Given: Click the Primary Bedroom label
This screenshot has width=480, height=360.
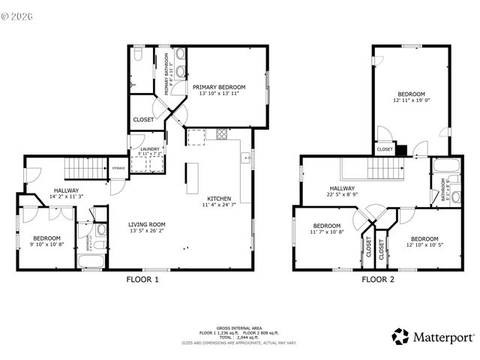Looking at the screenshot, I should (x=219, y=87).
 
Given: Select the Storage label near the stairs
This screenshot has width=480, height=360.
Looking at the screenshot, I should (x=118, y=168).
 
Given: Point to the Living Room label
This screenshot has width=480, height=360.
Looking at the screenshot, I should (x=146, y=224).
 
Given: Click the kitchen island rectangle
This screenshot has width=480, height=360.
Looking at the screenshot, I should (x=192, y=178).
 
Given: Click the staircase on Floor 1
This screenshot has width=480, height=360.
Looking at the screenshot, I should (x=82, y=168).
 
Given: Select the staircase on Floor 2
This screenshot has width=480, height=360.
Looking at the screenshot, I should (x=368, y=168).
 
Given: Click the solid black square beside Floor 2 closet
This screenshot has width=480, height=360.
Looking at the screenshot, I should (x=400, y=149).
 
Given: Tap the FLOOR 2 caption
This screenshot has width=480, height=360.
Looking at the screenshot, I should (x=378, y=280).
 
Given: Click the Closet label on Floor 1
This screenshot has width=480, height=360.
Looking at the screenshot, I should (x=143, y=119).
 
